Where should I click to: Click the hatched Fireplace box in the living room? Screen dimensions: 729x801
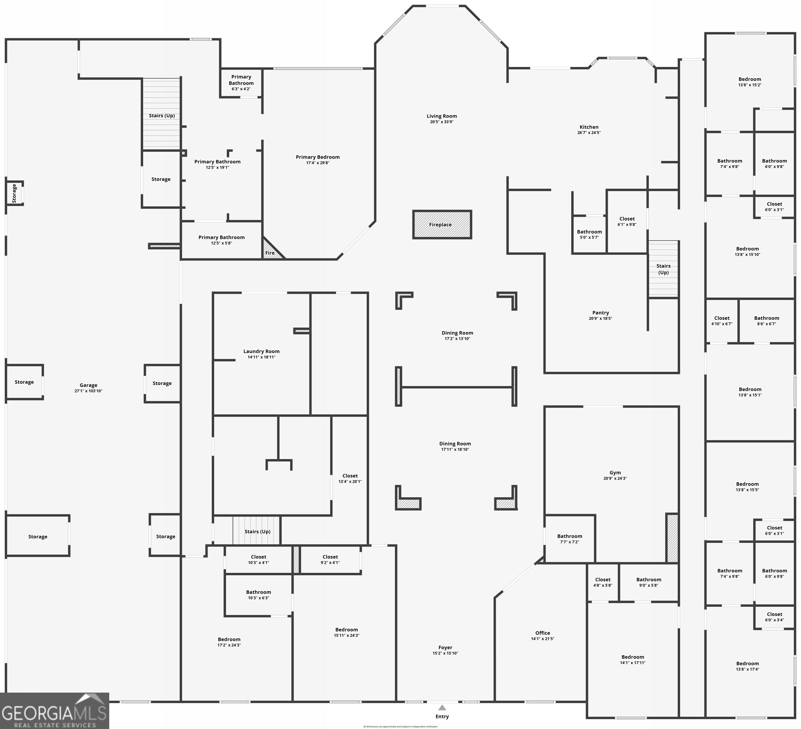[442, 225]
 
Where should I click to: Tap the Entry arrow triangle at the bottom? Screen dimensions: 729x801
[442, 707]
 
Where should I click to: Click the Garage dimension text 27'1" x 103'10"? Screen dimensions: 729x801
[88, 391]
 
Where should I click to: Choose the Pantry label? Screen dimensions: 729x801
[600, 313]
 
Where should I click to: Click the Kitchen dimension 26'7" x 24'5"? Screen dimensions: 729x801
[589, 133]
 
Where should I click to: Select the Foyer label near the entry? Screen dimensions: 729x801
[445, 648]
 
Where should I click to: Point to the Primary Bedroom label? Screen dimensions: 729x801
[318, 157]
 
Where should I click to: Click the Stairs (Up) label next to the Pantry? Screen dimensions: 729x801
[663, 269]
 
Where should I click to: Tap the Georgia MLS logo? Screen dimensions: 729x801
[54, 713]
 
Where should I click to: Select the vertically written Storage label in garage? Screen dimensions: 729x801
[14, 193]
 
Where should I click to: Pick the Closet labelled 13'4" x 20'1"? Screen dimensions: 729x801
[350, 478]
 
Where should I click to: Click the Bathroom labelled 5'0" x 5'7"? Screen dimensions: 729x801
[589, 234]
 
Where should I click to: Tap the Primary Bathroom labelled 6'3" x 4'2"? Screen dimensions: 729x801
[241, 83]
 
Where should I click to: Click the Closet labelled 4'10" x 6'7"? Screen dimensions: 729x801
[722, 321]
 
